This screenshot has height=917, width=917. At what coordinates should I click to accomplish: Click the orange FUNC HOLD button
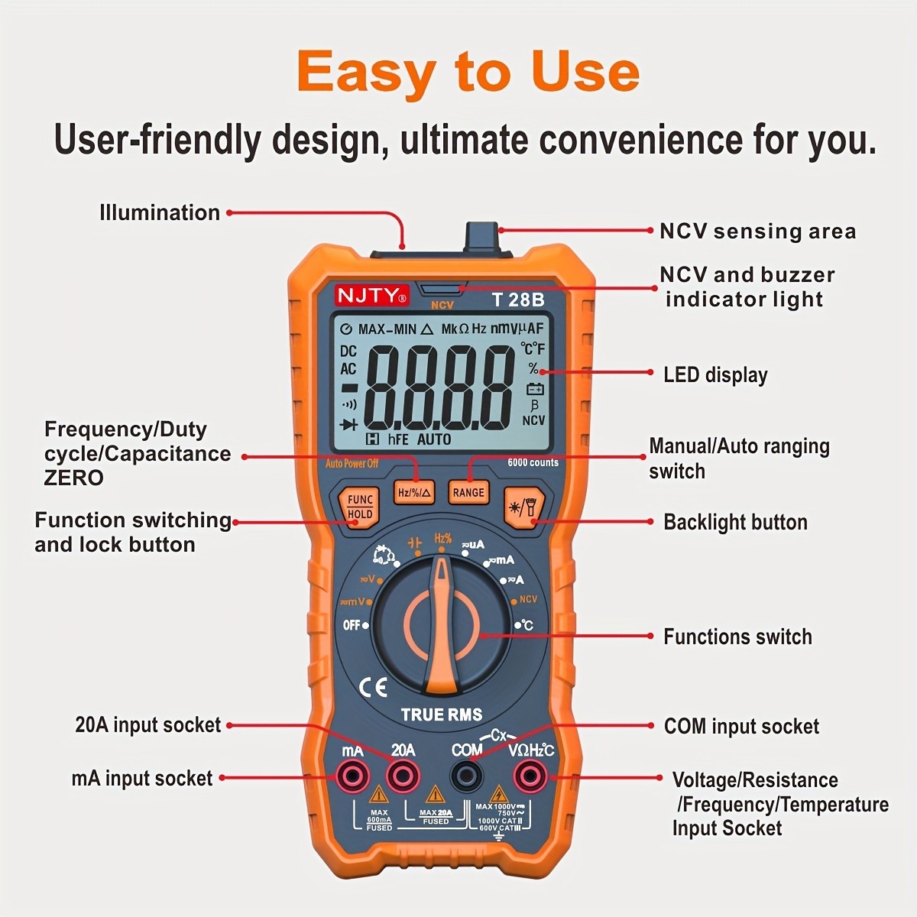point(360,506)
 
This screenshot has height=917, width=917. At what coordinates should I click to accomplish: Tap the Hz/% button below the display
point(415,493)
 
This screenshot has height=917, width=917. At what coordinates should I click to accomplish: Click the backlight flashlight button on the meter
point(523,505)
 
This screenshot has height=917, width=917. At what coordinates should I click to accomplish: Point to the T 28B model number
point(518,299)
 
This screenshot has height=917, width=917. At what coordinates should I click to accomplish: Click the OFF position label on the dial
point(352,625)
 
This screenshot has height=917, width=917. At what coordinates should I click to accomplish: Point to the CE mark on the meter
point(373,687)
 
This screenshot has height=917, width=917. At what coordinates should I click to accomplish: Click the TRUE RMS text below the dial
point(442,715)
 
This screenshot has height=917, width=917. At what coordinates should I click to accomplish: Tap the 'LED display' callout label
point(714,374)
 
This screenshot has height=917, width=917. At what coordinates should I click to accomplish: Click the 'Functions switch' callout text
point(737,637)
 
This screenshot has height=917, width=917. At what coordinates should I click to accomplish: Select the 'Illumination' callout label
point(160,212)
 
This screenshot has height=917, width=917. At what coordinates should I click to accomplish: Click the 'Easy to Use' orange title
point(468,72)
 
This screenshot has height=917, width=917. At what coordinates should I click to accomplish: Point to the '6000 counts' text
point(533,462)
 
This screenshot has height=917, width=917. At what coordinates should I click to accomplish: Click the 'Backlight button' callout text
point(735,522)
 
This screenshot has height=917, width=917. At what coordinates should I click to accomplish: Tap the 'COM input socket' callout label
point(741,726)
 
